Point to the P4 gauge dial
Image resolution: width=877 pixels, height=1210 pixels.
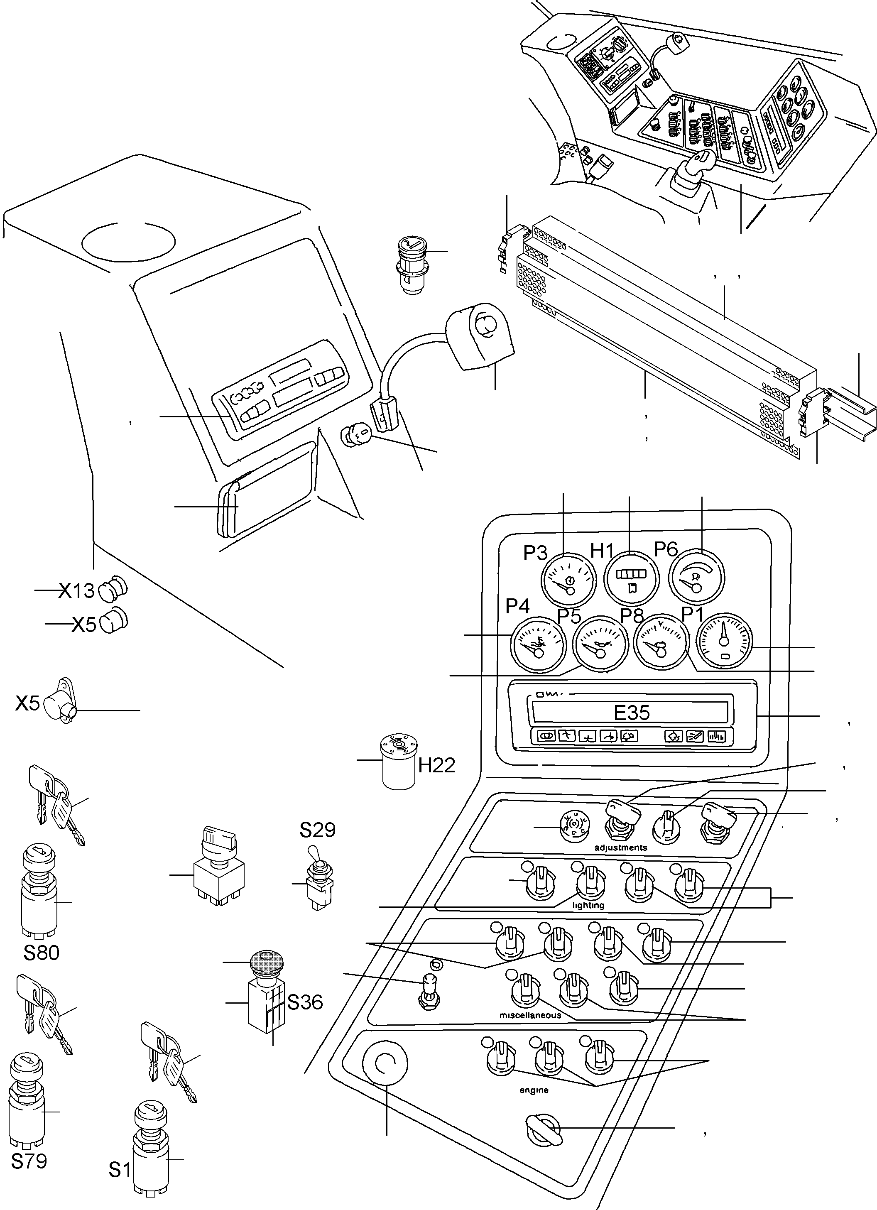(538, 644)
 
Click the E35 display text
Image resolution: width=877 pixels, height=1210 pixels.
(632, 713)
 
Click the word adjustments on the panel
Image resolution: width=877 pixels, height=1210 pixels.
(620, 847)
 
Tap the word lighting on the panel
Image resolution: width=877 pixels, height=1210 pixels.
(588, 905)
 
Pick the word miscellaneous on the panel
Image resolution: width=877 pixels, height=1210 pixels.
(530, 1015)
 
